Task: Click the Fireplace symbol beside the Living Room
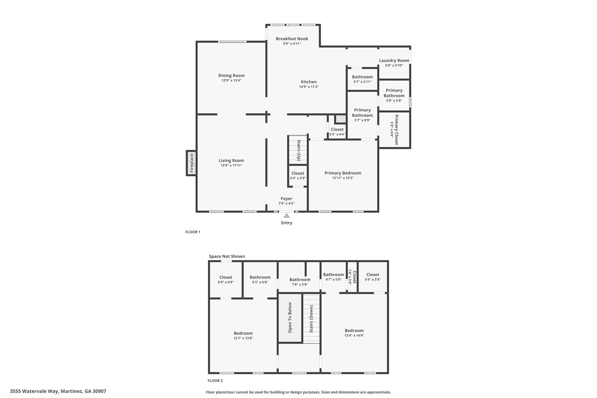pyautogui.click(x=191, y=163)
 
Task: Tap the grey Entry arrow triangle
pyautogui.click(x=287, y=216)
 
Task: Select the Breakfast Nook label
pyautogui.click(x=292, y=39)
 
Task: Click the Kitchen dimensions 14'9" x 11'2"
pyautogui.click(x=309, y=87)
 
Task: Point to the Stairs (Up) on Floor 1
pyautogui.click(x=298, y=150)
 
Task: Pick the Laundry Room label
pyautogui.click(x=394, y=61)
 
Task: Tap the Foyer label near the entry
pyautogui.click(x=286, y=199)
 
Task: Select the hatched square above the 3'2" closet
pyautogui.click(x=339, y=119)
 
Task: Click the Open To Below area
pyautogui.click(x=290, y=318)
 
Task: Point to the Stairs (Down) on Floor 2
pyautogui.click(x=311, y=319)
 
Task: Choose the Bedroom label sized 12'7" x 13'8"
pyautogui.click(x=243, y=333)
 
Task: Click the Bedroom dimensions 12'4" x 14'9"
pyautogui.click(x=354, y=336)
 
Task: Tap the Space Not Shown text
pyautogui.click(x=227, y=257)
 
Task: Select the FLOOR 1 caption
pyautogui.click(x=193, y=232)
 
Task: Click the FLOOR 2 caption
pyautogui.click(x=215, y=381)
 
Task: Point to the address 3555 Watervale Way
pyautogui.click(x=58, y=391)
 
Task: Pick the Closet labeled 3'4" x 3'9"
pyautogui.click(x=298, y=173)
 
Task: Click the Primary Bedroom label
pyautogui.click(x=343, y=173)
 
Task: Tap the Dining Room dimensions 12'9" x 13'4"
pyautogui.click(x=231, y=80)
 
